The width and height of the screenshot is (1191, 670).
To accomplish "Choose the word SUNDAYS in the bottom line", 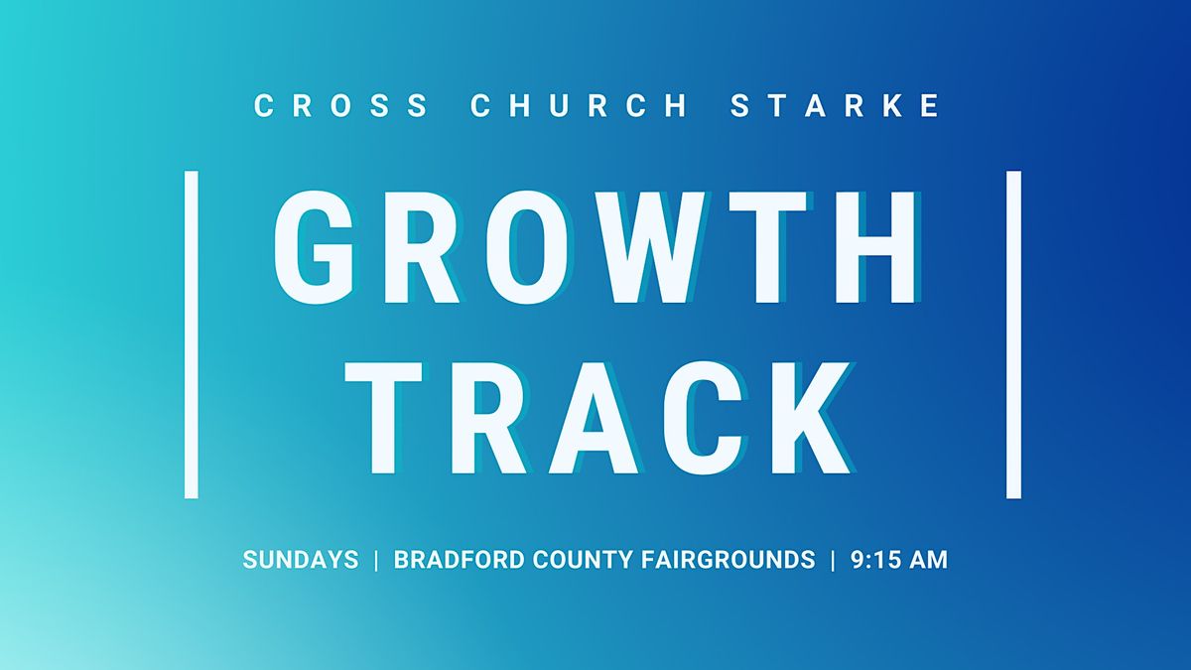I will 301,560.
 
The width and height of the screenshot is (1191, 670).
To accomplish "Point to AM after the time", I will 929,560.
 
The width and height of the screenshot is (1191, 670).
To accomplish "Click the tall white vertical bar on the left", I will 192,334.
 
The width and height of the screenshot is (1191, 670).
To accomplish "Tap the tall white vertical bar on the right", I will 1013,334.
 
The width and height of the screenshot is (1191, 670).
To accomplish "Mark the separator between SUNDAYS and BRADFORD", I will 376,560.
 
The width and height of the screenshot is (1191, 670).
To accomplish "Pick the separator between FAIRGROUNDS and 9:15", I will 833,560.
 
